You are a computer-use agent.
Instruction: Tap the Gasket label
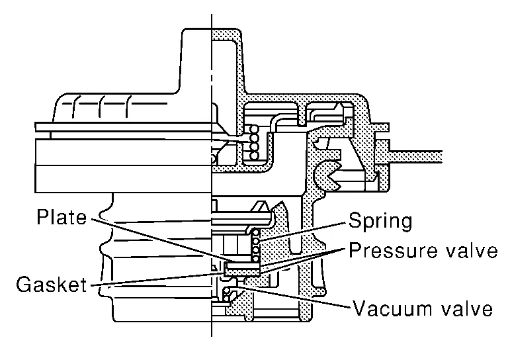pos(52,285)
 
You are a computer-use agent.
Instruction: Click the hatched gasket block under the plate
pos(241,270)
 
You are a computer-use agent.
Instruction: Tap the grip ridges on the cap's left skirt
pos(99,106)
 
